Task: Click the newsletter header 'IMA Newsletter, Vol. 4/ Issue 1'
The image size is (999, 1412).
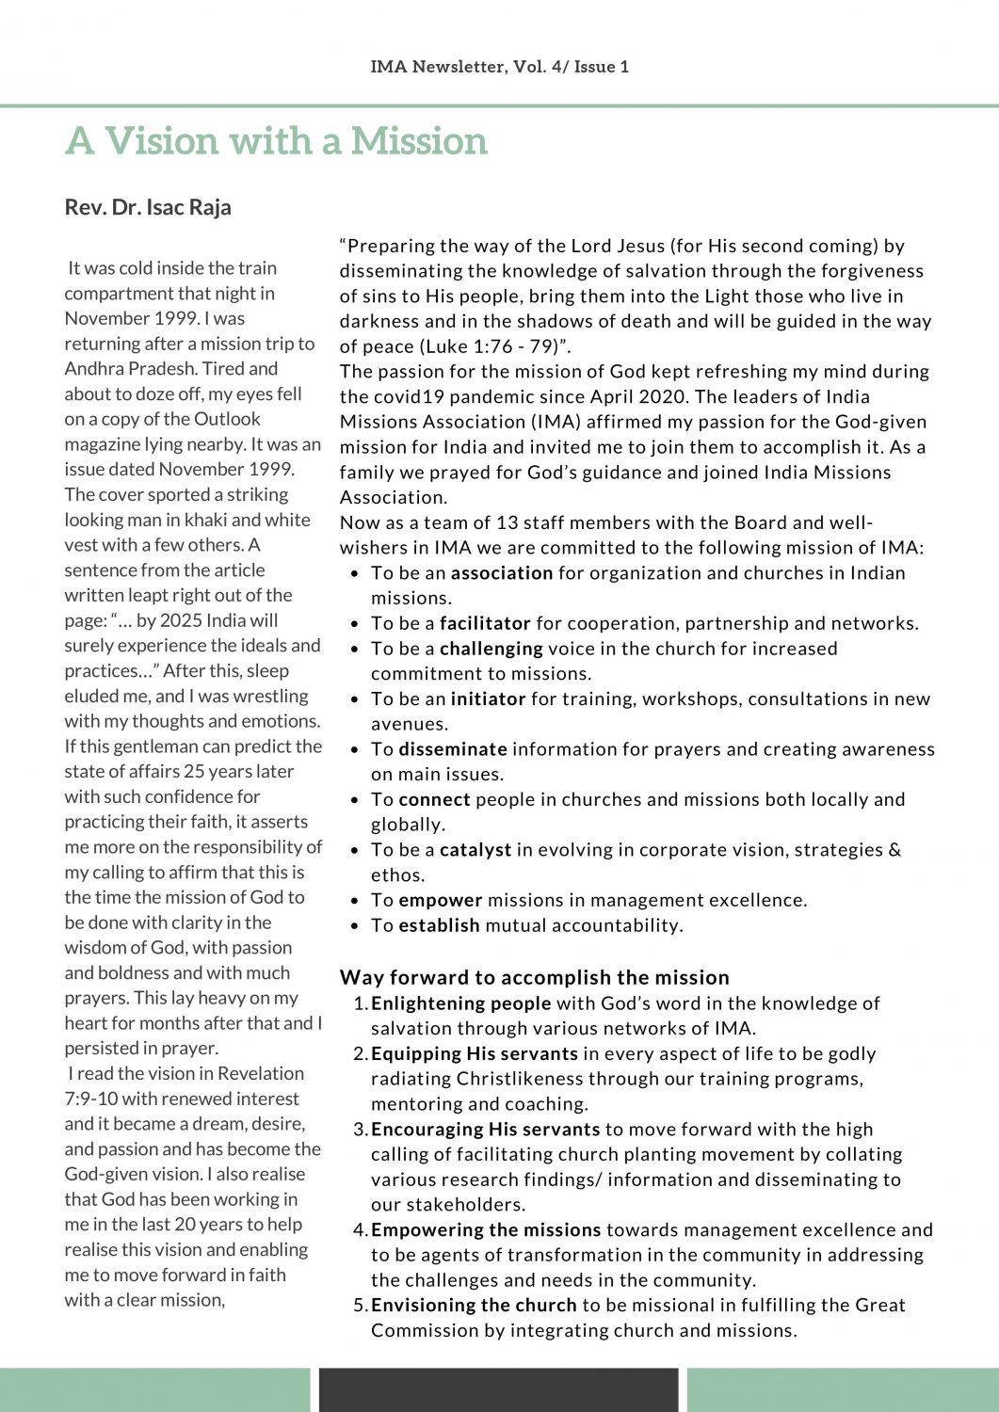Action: pyautogui.click(x=499, y=67)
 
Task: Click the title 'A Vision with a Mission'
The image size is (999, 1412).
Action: pyautogui.click(x=276, y=141)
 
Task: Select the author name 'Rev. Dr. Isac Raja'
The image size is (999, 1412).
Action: pyautogui.click(x=148, y=207)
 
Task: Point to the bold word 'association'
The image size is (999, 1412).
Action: pyautogui.click(x=502, y=573)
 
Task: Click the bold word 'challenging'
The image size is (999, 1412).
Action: pyautogui.click(x=491, y=649)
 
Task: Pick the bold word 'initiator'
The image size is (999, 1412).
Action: pyautogui.click(x=488, y=698)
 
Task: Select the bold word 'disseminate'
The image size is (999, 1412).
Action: pyautogui.click(x=453, y=749)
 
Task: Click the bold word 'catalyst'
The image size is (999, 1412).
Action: pyautogui.click(x=475, y=850)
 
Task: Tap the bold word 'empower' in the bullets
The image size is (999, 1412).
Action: pyautogui.click(x=441, y=900)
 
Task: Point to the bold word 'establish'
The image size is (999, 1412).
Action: pyautogui.click(x=440, y=925)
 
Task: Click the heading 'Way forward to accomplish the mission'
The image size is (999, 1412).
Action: pyautogui.click(x=535, y=977)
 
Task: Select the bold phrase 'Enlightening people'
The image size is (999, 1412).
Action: pyautogui.click(x=461, y=1003)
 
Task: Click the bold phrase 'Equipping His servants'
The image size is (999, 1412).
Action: pyautogui.click(x=475, y=1053)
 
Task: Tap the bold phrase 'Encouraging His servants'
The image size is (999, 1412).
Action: pyautogui.click(x=486, y=1129)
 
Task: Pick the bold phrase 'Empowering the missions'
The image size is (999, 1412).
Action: pyautogui.click(x=486, y=1229)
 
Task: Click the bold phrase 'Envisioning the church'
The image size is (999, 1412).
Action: pyautogui.click(x=474, y=1305)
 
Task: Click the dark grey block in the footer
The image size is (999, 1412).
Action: pyautogui.click(x=498, y=1389)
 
